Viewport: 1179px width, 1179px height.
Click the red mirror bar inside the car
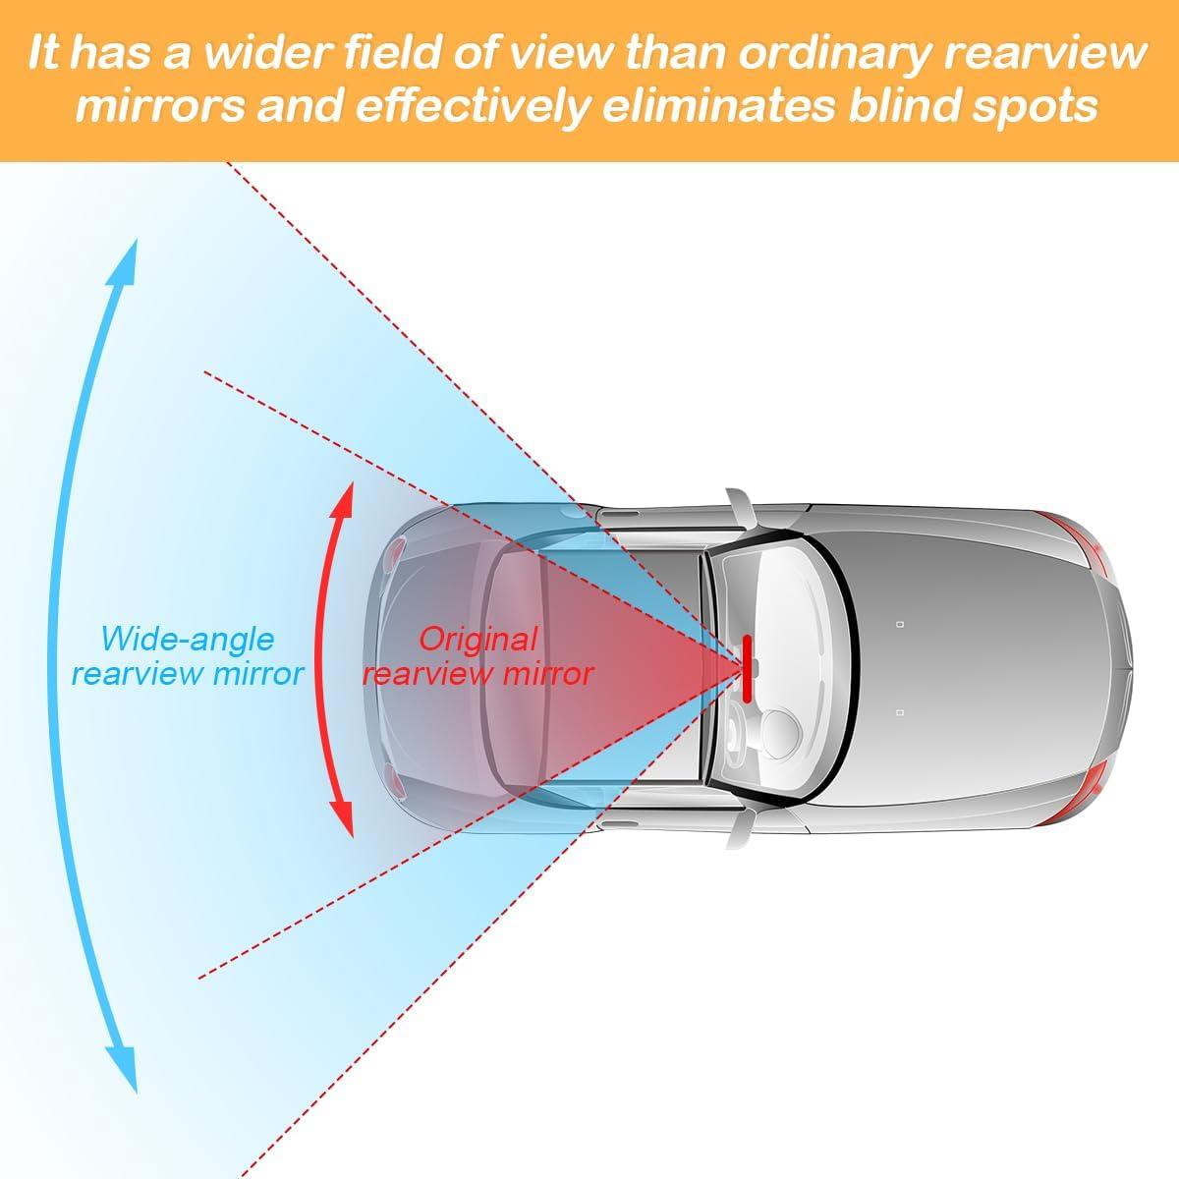coord(748,669)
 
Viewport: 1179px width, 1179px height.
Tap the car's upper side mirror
coord(739,507)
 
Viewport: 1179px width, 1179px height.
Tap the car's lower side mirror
coord(739,829)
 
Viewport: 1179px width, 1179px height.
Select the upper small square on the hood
coord(901,623)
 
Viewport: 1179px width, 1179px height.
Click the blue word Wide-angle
coord(188,640)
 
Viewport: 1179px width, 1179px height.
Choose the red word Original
coord(478,640)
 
